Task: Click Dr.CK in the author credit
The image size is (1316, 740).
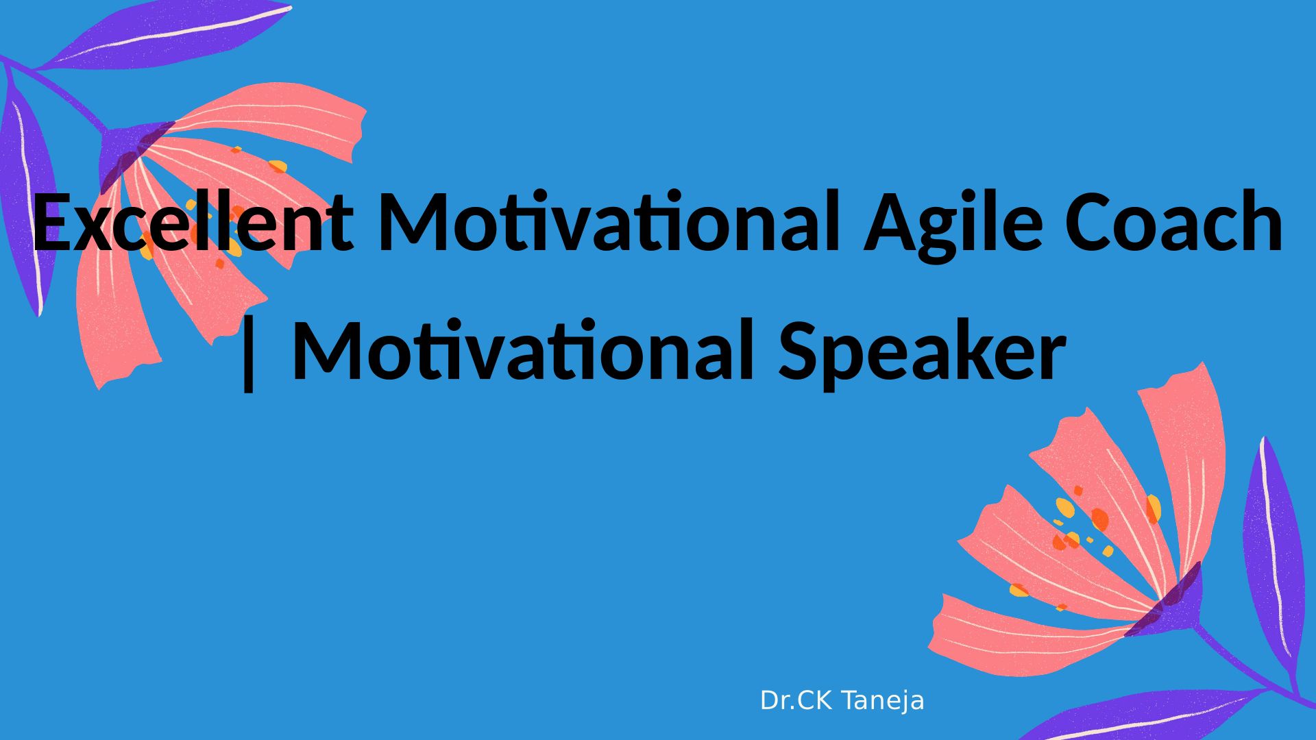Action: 795,701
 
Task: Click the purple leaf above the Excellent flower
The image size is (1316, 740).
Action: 164,34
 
